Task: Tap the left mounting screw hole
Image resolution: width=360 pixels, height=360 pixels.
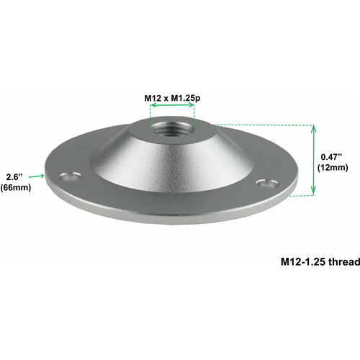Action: [70, 176]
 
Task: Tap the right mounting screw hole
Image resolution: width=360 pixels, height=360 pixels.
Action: [267, 184]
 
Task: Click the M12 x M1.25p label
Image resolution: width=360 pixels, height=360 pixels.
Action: [172, 98]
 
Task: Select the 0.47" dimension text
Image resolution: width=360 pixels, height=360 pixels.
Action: [331, 157]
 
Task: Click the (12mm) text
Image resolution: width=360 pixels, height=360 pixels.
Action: [333, 167]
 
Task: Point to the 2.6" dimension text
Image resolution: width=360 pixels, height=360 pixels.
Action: [14, 177]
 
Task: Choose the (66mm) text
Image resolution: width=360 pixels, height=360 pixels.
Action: [16, 187]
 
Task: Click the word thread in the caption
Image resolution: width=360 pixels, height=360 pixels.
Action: [344, 261]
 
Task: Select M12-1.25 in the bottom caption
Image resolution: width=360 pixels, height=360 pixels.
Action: [303, 261]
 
